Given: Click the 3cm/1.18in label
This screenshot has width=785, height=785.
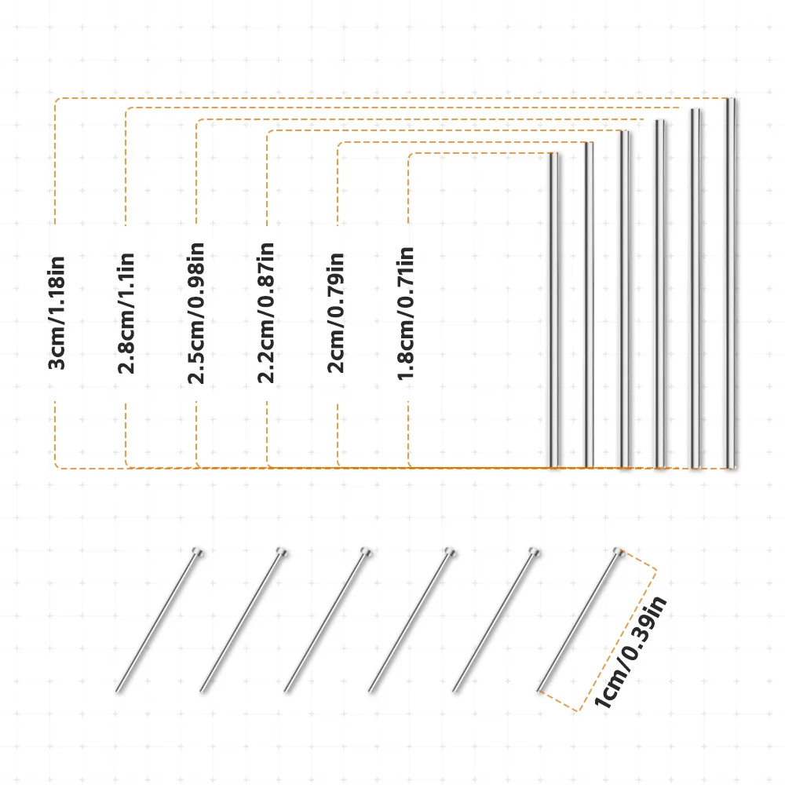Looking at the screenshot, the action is coord(57,313).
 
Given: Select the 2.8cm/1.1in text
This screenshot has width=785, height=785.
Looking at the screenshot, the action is coord(126,313).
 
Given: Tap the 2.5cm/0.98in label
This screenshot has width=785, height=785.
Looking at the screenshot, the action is coord(195,313).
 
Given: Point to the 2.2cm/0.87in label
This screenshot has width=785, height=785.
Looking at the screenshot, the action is coord(266,313).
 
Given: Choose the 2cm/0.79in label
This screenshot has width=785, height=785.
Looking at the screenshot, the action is coord(335,313).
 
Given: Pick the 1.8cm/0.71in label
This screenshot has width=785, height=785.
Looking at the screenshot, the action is coord(406,313).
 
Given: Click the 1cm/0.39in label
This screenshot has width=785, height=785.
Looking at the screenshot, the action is coord(630,652).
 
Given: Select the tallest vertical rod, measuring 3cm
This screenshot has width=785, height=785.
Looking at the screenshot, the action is coord(731,283).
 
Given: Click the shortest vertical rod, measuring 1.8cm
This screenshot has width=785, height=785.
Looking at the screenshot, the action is coord(554,310).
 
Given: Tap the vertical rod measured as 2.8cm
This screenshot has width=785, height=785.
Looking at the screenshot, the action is coord(696,288).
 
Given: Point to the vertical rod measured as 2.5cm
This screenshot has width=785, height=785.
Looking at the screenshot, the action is coord(660,294).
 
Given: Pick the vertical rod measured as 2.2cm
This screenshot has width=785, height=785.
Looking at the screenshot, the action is coord(625,299).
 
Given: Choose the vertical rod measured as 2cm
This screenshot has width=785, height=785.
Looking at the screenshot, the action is coord(590,305).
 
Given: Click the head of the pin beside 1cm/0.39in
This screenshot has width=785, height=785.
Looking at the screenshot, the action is coord(619,552).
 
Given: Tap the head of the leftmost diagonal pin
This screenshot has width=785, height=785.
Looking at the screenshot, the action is coord(198,552).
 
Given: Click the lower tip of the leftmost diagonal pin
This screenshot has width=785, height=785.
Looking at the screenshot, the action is coord(117,692).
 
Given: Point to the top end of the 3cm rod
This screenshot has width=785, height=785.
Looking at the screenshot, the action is coord(731,99).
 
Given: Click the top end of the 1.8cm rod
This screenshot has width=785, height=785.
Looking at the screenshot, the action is coord(554,154).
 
